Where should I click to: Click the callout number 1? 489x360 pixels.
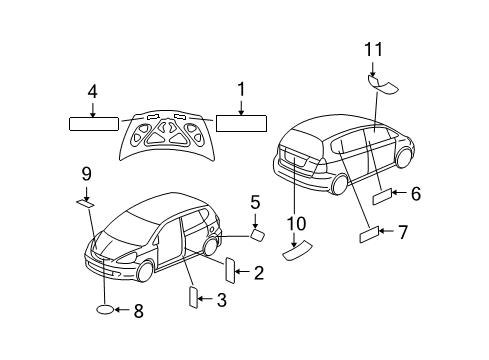(x=240, y=89)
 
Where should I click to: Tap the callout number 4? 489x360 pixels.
(x=92, y=91)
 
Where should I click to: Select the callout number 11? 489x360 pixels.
(x=373, y=48)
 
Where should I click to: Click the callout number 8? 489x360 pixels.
(x=138, y=311)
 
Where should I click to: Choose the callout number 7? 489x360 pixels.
(x=402, y=233)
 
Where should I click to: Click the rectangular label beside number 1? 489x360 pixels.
(x=241, y=124)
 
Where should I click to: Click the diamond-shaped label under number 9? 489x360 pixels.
(x=86, y=203)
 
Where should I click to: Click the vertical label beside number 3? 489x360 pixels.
(x=193, y=298)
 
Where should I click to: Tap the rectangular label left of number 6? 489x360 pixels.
(x=383, y=198)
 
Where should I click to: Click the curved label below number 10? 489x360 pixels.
(x=296, y=252)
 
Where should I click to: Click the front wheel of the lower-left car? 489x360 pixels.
(x=147, y=269)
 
